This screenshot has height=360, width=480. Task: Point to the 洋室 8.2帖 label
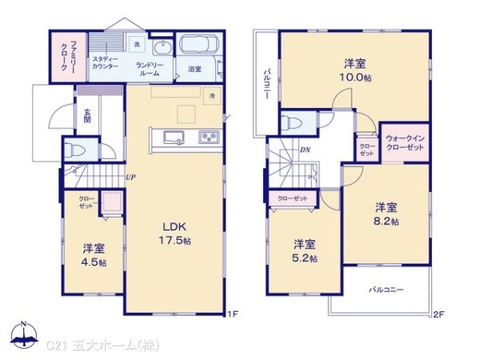(x=387, y=214)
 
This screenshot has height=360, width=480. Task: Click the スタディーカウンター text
(x=105, y=62)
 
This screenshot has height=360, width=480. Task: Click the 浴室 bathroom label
(x=194, y=70)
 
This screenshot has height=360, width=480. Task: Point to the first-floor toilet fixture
(x=74, y=150)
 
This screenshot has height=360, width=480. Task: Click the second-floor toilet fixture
(x=290, y=122)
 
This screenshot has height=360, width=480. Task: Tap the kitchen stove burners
(x=208, y=137)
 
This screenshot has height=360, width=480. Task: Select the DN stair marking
(x=305, y=150)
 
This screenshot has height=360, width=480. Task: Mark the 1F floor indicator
(x=232, y=314)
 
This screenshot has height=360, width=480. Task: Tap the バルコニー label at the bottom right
(x=386, y=289)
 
